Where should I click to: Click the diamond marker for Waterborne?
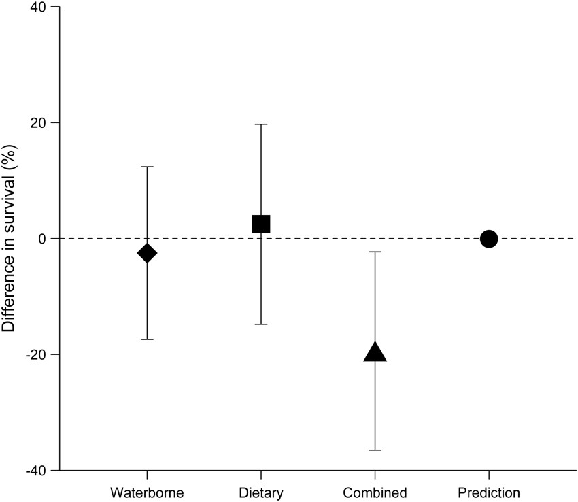point(147,253)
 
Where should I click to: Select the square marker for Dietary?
point(261,224)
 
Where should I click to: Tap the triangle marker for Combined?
point(375,352)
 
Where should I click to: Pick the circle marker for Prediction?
point(489,239)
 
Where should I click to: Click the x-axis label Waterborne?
point(147,493)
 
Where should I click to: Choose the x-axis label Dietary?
point(261,493)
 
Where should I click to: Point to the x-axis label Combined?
point(375,493)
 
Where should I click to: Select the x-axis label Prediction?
point(489,493)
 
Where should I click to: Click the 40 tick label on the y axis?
point(38,7)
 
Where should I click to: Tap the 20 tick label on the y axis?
point(38,123)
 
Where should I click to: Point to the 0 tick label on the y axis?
point(42,239)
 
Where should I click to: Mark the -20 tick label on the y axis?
point(35,354)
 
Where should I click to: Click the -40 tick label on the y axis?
point(35,470)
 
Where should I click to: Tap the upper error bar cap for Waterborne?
point(147,167)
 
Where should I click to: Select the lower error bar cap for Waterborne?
point(147,339)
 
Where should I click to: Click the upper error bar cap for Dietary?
point(261,124)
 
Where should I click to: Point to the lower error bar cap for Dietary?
point(261,324)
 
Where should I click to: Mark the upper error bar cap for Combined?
point(375,252)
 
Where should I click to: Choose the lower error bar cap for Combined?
point(375,450)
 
